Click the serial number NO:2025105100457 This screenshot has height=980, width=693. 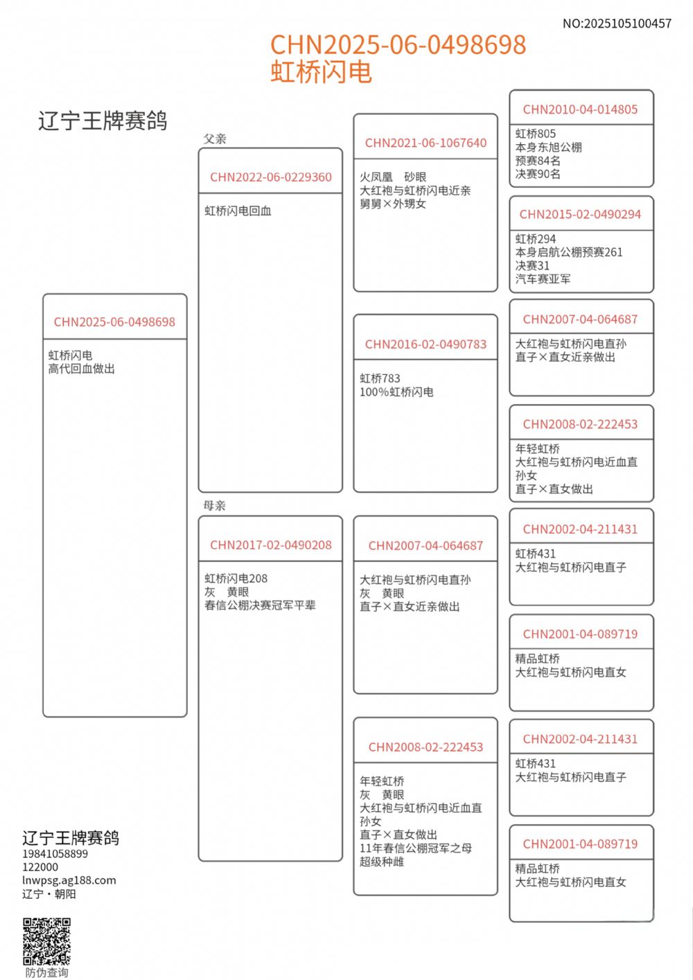617,24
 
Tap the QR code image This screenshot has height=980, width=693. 46,941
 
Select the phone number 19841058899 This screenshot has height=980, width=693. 55,854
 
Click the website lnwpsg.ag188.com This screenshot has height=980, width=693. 69,880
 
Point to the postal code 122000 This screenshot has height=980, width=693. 40,867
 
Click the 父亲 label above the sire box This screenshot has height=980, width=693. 215,139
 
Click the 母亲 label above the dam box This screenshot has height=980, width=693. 215,505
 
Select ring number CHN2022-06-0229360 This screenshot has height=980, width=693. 271,177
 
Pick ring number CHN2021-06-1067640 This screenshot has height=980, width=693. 426,143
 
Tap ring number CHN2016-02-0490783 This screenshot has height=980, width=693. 426,344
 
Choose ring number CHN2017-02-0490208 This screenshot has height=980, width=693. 271,545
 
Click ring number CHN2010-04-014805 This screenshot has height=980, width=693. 580,110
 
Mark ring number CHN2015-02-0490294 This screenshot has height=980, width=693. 580,215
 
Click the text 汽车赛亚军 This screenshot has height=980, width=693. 543,279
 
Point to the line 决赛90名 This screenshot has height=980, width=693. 538,174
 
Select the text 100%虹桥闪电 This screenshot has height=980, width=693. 396,392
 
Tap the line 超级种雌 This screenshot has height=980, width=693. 381,861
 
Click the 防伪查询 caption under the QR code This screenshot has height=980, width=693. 46,972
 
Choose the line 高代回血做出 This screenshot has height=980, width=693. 81,369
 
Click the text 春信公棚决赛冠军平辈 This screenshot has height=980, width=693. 260,605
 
